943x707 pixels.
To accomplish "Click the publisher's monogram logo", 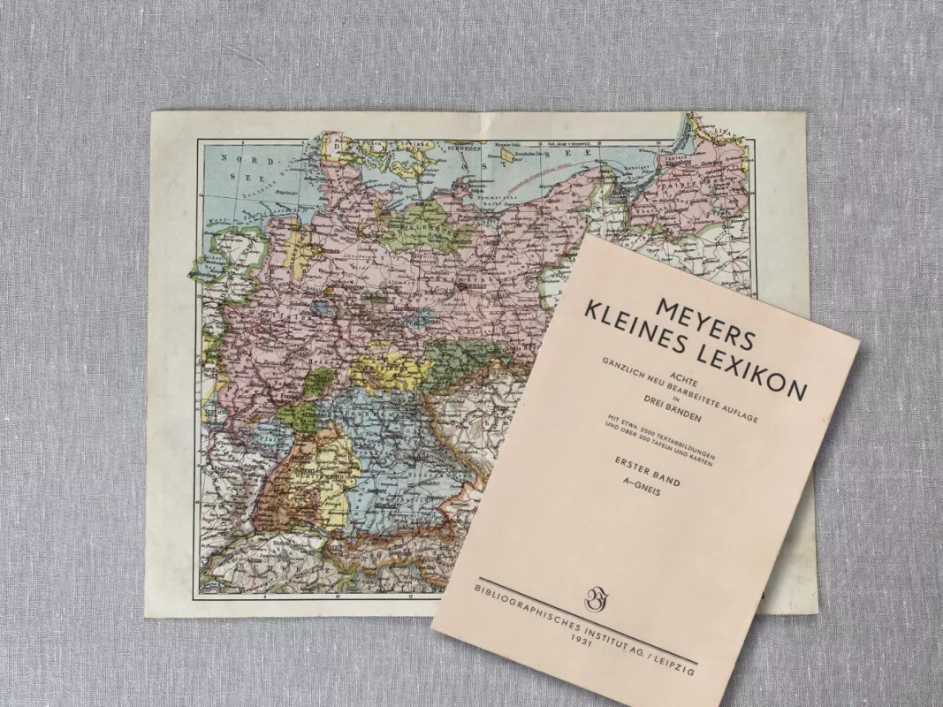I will coord(595,599).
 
